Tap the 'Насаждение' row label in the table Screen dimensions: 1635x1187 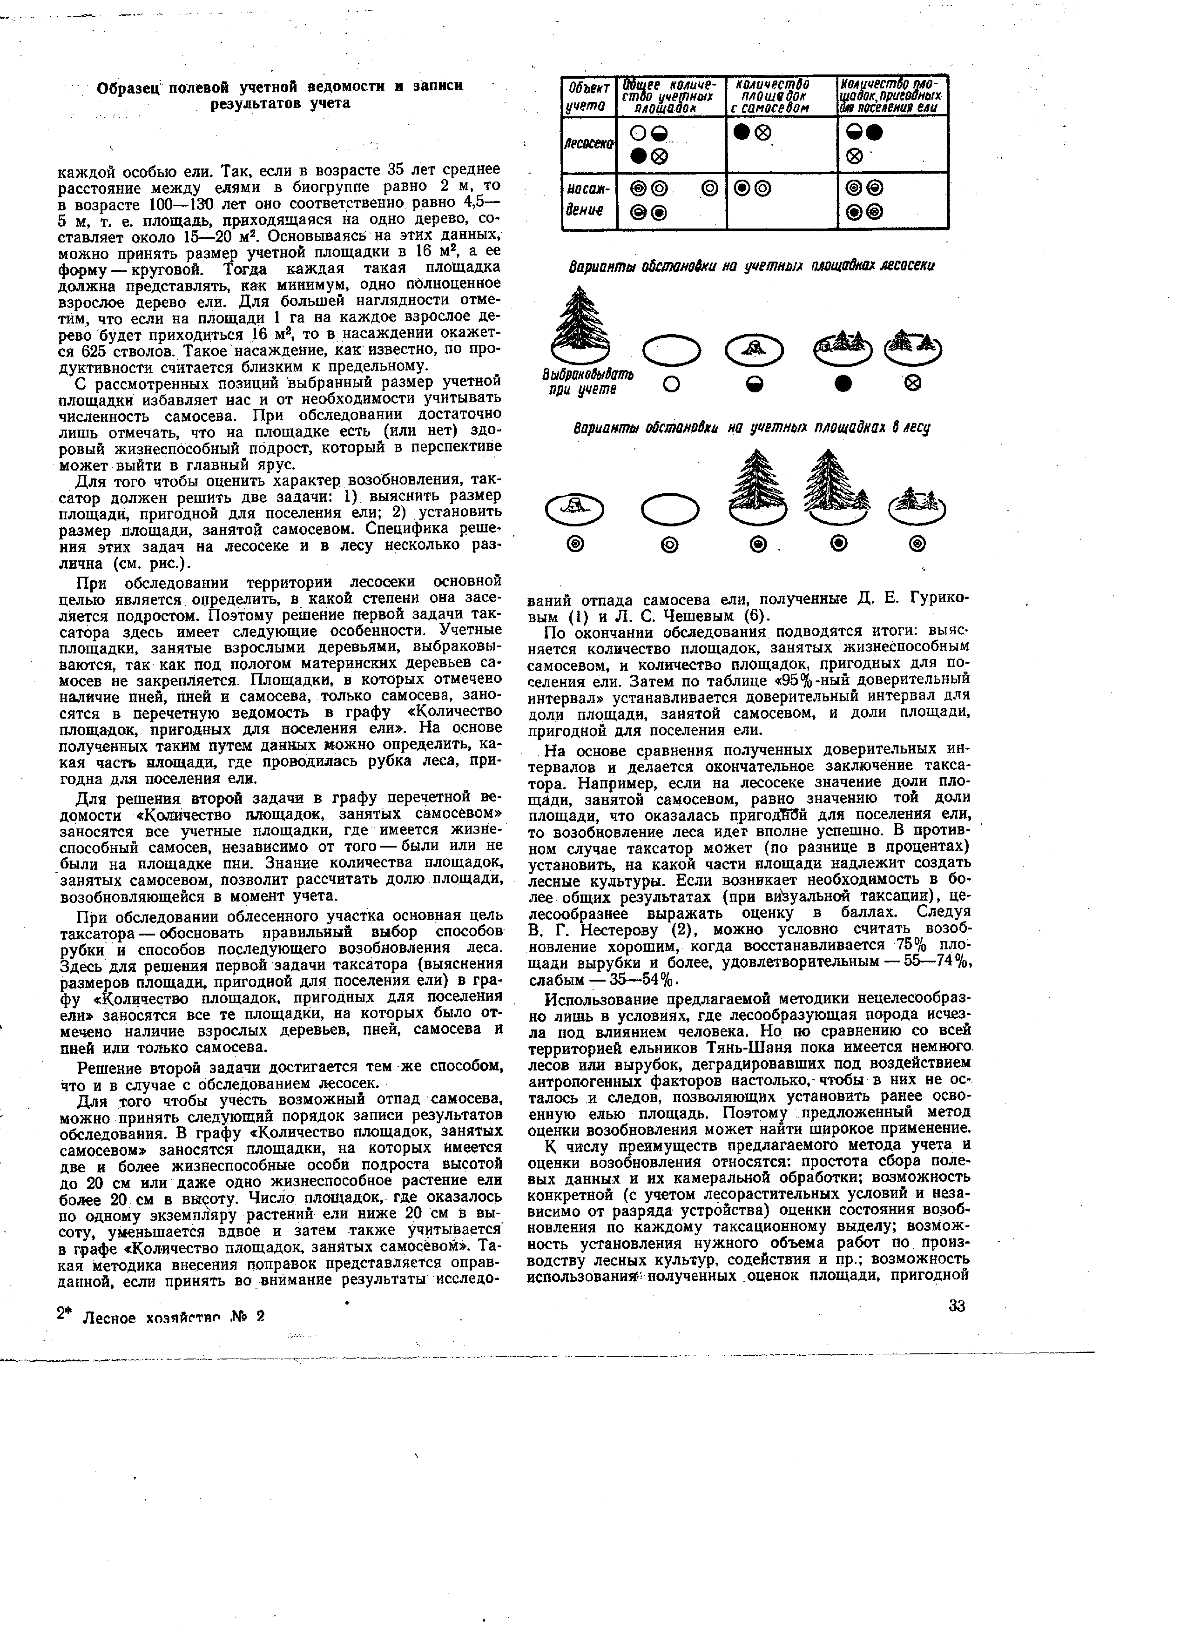[588, 201]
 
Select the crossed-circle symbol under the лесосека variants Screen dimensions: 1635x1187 [912, 384]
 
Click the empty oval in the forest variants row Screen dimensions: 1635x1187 [670, 509]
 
